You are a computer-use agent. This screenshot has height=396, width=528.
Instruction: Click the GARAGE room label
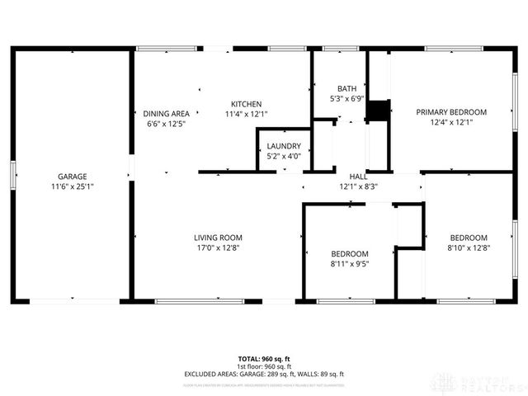tap(73, 177)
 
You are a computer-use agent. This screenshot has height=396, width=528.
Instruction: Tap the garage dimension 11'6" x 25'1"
tap(73, 186)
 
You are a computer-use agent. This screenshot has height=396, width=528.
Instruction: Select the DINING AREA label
tap(167, 114)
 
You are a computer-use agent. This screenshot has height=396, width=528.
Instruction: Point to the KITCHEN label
tap(246, 104)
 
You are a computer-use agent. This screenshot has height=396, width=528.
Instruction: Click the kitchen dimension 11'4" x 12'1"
tap(246, 114)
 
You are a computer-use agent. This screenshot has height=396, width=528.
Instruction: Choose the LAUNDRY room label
tap(284, 146)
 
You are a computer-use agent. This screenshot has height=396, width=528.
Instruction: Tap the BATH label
tap(346, 88)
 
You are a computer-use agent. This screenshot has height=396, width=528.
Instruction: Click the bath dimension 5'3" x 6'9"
tap(346, 98)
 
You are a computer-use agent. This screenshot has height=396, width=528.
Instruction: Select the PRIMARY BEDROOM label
tap(451, 112)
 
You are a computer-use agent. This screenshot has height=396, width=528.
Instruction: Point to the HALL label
tap(358, 177)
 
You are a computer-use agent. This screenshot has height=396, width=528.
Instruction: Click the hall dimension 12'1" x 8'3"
tap(358, 186)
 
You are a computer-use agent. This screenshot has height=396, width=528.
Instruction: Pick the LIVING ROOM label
tap(218, 238)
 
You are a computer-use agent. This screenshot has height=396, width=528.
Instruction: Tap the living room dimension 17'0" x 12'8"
tap(218, 247)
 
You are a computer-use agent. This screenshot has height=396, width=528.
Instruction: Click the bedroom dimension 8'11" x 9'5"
tap(350, 264)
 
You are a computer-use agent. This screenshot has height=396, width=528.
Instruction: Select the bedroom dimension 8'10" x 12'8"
tap(468, 247)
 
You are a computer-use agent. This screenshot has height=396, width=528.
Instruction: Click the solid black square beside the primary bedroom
tap(378, 111)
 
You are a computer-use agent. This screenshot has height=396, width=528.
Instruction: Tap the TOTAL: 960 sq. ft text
tap(263, 359)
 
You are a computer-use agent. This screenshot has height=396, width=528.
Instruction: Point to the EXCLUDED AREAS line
tap(263, 374)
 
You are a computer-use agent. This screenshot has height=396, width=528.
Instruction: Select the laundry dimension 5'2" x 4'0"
tap(284, 156)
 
